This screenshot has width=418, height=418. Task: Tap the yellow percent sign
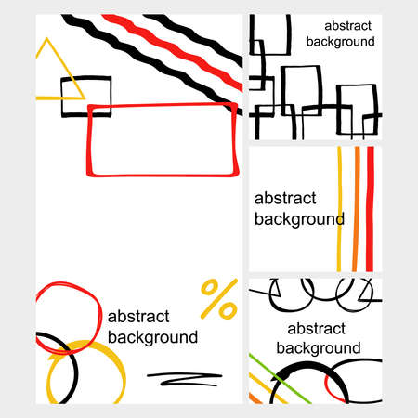click(x=219, y=299)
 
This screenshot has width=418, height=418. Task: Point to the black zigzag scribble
click(x=185, y=378)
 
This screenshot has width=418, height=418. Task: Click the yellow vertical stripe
click(x=339, y=209)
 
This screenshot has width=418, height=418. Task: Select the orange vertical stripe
click(x=356, y=209)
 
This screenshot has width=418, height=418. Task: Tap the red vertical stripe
click(x=370, y=209)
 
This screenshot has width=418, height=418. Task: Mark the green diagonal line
click(x=281, y=379)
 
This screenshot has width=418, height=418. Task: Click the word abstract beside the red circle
click(x=138, y=317)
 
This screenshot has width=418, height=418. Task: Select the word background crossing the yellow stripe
click(x=299, y=220)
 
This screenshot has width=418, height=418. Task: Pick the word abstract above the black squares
click(x=347, y=26)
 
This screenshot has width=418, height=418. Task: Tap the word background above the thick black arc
click(x=319, y=348)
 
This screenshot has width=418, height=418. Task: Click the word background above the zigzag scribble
click(x=152, y=337)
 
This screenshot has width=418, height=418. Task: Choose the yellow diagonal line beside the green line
click(x=268, y=388)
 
